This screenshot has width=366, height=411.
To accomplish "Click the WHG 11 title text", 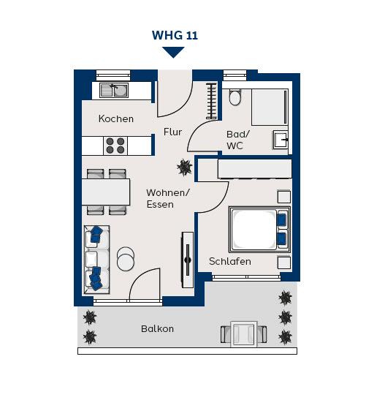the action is tap(175, 35).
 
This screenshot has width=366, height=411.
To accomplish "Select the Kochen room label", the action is tap(116, 118).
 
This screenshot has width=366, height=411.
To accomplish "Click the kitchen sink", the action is tap(114, 91).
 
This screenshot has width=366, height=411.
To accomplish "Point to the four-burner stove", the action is tap(115, 146).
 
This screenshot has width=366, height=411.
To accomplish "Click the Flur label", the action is tap(172, 132).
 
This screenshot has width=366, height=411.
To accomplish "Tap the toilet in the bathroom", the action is tap(235, 97).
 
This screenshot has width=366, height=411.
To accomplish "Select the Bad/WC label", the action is tap(238, 140).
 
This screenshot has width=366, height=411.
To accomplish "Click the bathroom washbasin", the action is tap(281, 140).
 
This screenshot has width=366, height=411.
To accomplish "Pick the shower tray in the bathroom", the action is tap(270, 107).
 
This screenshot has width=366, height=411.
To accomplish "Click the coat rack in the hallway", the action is tap(211, 101).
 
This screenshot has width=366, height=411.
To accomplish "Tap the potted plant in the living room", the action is tap(185, 167).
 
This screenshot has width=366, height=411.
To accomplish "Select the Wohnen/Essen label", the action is tap(168, 198).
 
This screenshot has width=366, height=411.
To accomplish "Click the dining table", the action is tap(106, 192).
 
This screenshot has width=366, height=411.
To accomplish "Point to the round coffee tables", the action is tap(126, 259).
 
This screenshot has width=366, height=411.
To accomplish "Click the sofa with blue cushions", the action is tap(96, 260).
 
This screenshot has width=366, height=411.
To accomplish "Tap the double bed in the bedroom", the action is tap(260, 230).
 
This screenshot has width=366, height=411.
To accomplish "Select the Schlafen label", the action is tap(230, 261).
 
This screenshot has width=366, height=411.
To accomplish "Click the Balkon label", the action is tap(157, 328).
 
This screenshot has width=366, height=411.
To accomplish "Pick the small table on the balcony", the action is tap(244, 333).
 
